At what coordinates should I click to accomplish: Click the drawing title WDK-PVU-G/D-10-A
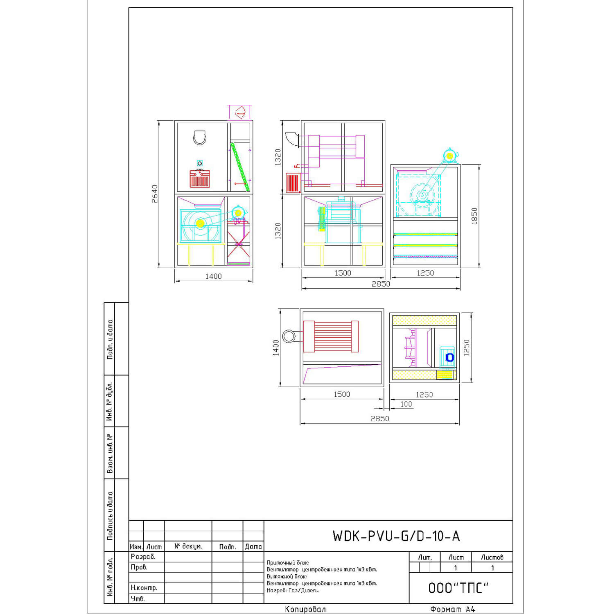[x=396, y=536]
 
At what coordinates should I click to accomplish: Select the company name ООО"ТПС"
[x=458, y=588]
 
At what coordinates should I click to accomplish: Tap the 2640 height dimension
[x=155, y=194]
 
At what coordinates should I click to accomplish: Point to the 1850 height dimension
[x=474, y=216]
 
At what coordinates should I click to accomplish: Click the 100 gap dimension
[x=406, y=404]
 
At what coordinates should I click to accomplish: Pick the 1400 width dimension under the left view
[x=213, y=276]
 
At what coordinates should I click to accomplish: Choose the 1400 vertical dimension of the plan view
[x=276, y=348]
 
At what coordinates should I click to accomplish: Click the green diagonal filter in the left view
[x=240, y=167]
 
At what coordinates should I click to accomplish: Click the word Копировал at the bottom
[x=305, y=609]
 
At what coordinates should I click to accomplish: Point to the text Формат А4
[x=453, y=609]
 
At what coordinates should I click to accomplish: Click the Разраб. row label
[x=143, y=557]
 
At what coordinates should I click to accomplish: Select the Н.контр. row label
[x=144, y=588]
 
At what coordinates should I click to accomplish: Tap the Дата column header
[x=253, y=546]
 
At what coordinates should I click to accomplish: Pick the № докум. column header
[x=188, y=546]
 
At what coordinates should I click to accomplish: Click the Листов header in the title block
[x=492, y=558]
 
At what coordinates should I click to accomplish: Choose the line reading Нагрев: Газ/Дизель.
[x=293, y=590]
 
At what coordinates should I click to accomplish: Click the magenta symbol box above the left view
[x=239, y=112]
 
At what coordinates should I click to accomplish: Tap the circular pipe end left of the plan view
[x=289, y=336]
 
